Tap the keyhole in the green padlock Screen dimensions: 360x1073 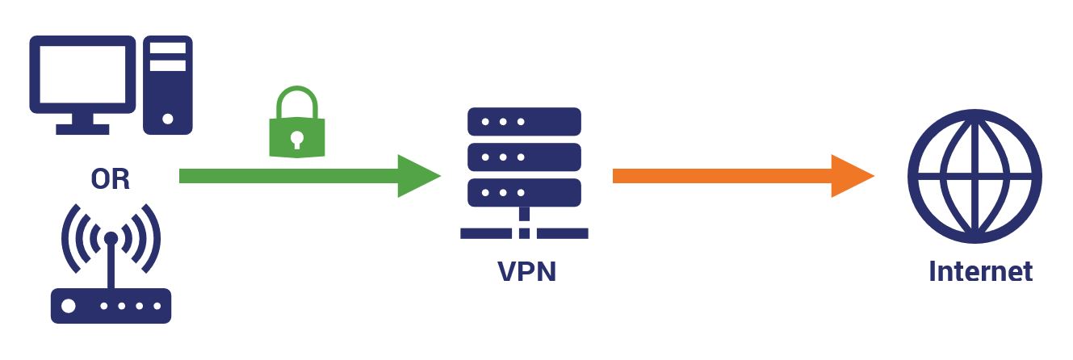click(x=295, y=138)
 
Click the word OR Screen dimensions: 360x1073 click(x=110, y=179)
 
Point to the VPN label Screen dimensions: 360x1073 click(x=526, y=271)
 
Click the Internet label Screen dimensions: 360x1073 click(x=980, y=271)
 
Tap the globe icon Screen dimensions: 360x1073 click(x=975, y=178)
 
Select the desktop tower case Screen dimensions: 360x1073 click(x=168, y=85)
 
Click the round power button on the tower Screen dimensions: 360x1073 click(x=168, y=118)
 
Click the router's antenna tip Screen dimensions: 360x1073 click(x=111, y=238)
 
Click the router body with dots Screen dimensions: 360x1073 click(x=111, y=308)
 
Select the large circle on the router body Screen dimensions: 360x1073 click(x=69, y=308)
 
